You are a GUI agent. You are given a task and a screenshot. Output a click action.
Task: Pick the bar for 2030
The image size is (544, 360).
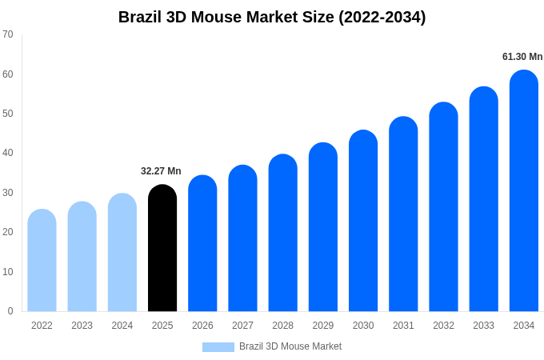pyautogui.click(x=363, y=221)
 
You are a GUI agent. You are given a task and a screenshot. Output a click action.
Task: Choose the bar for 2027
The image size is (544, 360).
pyautogui.click(x=242, y=238)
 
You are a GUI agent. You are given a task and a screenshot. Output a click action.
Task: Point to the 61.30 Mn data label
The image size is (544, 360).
pyautogui.click(x=522, y=57)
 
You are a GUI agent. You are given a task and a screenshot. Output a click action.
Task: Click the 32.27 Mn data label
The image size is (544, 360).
pyautogui.click(x=161, y=171)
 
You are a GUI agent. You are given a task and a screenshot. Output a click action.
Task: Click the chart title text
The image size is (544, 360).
pyautogui.click(x=272, y=17)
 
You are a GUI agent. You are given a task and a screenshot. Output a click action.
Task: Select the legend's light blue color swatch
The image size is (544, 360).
pyautogui.click(x=218, y=347)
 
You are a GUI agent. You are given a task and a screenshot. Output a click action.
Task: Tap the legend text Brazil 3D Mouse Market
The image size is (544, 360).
pyautogui.click(x=290, y=346)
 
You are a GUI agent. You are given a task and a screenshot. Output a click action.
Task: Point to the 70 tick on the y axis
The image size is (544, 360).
pyautogui.click(x=8, y=34)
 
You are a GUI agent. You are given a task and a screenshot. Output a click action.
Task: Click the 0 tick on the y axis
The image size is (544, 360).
pyautogui.click(x=10, y=311)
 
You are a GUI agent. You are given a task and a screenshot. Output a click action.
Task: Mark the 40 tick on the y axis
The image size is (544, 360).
pyautogui.click(x=8, y=153)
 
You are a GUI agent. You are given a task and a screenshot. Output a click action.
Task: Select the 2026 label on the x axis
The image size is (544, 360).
pyautogui.click(x=202, y=326)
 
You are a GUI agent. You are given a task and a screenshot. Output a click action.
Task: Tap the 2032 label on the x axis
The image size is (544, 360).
pyautogui.click(x=443, y=326)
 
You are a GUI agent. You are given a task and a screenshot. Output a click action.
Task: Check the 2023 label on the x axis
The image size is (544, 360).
pyautogui.click(x=82, y=326)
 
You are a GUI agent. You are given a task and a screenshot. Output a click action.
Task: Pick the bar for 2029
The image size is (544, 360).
pyautogui.click(x=323, y=227)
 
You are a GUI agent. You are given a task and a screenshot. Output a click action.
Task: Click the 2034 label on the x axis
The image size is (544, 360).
pyautogui.click(x=524, y=326)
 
